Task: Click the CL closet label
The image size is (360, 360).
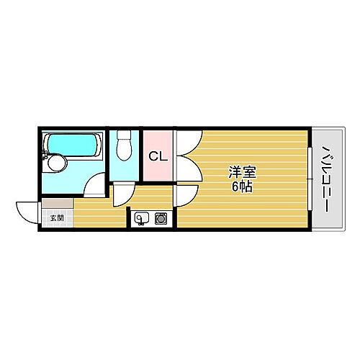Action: [158, 156]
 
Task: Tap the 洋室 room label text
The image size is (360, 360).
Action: [243, 173]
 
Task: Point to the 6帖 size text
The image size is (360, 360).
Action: [243, 186]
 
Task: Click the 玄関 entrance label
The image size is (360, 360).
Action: [56, 217]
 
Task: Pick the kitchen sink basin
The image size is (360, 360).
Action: [141, 217]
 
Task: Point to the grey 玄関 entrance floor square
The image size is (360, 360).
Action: [56, 217]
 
